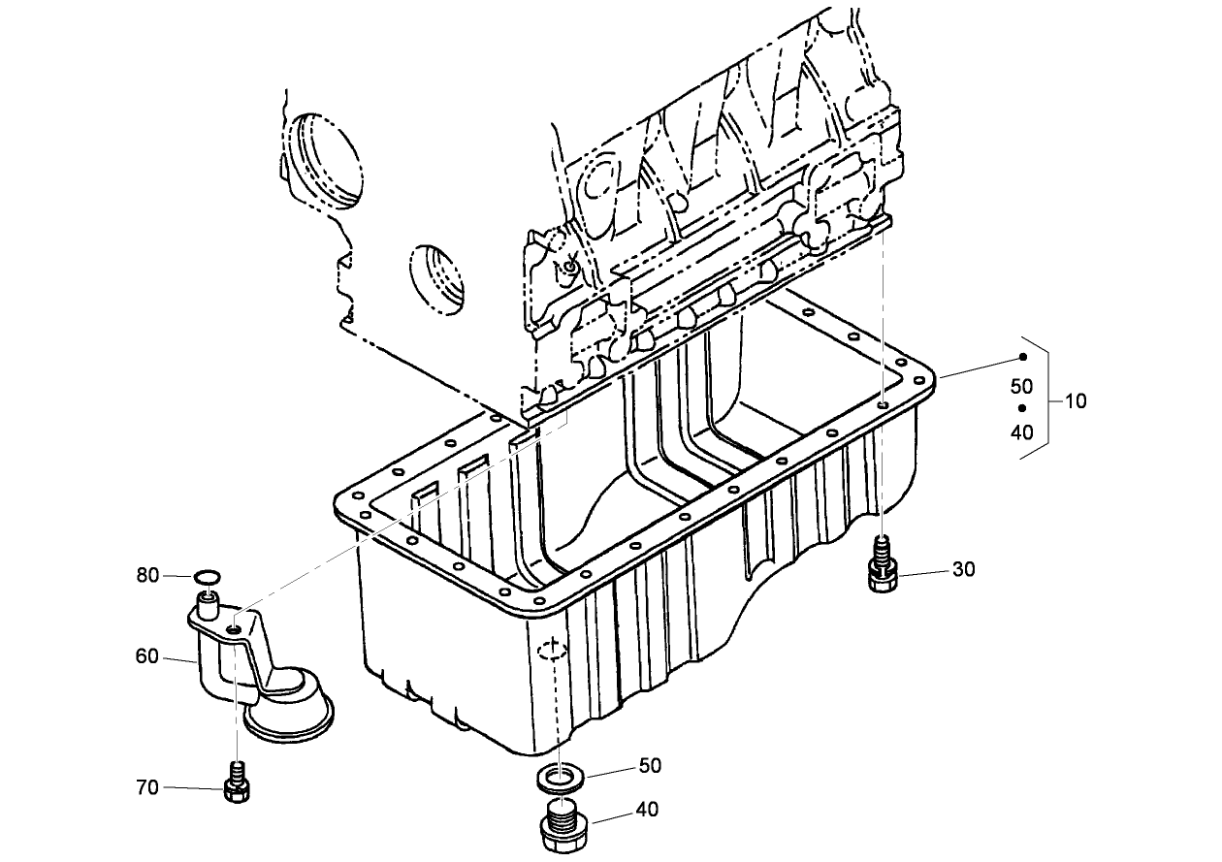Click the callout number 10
[1075, 400]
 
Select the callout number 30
[963, 569]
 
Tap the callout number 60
[147, 656]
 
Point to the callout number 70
[147, 787]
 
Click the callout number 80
[147, 575]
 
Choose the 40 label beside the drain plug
[647, 809]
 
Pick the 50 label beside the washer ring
[649, 765]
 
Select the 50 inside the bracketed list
[1021, 386]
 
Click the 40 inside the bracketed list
[1021, 432]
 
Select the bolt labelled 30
[883, 567]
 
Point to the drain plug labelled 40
[562, 824]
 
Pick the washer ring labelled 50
[559, 777]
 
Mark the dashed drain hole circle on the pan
[550, 650]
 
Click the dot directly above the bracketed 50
[1021, 357]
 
